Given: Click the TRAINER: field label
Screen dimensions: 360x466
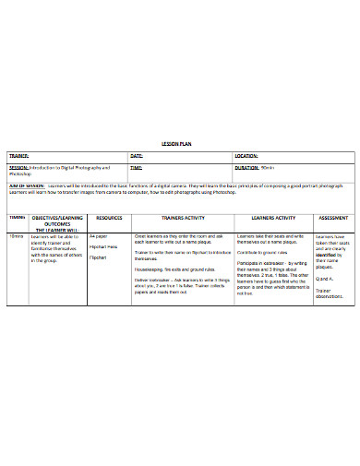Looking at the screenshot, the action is click(20, 156).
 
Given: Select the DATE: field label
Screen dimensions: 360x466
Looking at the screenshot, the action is click(137, 156).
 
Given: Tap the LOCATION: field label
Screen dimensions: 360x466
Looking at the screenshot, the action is click(246, 156).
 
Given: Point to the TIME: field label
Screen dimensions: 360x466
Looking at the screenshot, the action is click(137, 169).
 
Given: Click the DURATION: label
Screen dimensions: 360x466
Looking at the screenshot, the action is click(246, 169).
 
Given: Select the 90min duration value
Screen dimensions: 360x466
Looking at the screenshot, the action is click(269, 169).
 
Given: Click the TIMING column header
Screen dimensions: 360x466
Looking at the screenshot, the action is click(18, 217).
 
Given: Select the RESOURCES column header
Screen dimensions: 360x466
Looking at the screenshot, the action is click(109, 217).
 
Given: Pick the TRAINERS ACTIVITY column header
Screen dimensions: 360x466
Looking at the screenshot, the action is click(182, 217).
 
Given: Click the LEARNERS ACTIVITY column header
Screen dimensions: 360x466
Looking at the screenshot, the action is click(272, 217).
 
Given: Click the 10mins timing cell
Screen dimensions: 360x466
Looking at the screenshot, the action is click(18, 236).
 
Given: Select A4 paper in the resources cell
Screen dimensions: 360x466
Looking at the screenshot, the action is click(99, 236).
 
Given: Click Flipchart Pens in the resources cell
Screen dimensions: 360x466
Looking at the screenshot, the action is click(103, 247).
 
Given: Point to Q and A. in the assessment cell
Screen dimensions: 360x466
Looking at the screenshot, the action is click(324, 278).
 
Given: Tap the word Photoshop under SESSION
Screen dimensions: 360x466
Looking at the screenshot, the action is click(20, 174).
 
